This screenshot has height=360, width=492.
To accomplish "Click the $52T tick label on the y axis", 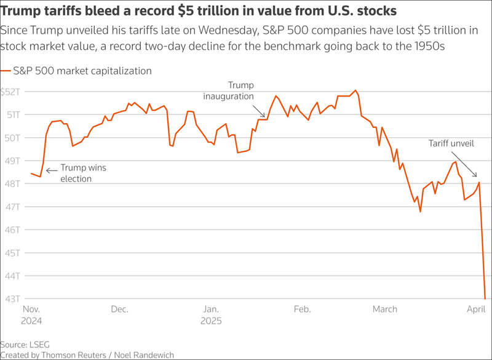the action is pos(10,92).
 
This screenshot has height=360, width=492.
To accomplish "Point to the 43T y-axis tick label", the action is pos(12,299).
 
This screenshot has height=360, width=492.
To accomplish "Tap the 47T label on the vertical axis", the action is pos(12,207).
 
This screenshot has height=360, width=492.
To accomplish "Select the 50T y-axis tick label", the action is pos(12,138).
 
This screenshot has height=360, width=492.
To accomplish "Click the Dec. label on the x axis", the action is pos(119,309).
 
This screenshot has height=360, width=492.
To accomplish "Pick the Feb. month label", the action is pos(302,309).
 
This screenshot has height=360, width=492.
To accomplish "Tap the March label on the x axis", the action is pos(385,309).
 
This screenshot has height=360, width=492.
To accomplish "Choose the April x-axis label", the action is pos(476,310).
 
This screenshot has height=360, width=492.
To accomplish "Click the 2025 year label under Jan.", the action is pos(211,321).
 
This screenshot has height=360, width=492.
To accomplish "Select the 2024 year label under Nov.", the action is pos(31,321).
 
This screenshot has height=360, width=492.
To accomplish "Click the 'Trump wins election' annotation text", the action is pos(83,173).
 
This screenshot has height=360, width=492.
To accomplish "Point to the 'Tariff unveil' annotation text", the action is pos(451,143).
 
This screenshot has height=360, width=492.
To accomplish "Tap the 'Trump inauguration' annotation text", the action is pos(228,90).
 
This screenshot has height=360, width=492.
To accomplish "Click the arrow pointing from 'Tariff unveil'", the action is pos(464,164).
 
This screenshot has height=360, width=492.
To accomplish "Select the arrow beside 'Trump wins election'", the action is pos(52,170).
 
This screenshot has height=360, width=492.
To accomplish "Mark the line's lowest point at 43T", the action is pos(485,298).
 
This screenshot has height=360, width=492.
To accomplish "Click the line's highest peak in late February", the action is pos(355,90).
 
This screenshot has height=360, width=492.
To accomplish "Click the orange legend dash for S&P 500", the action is pos(6,71).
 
